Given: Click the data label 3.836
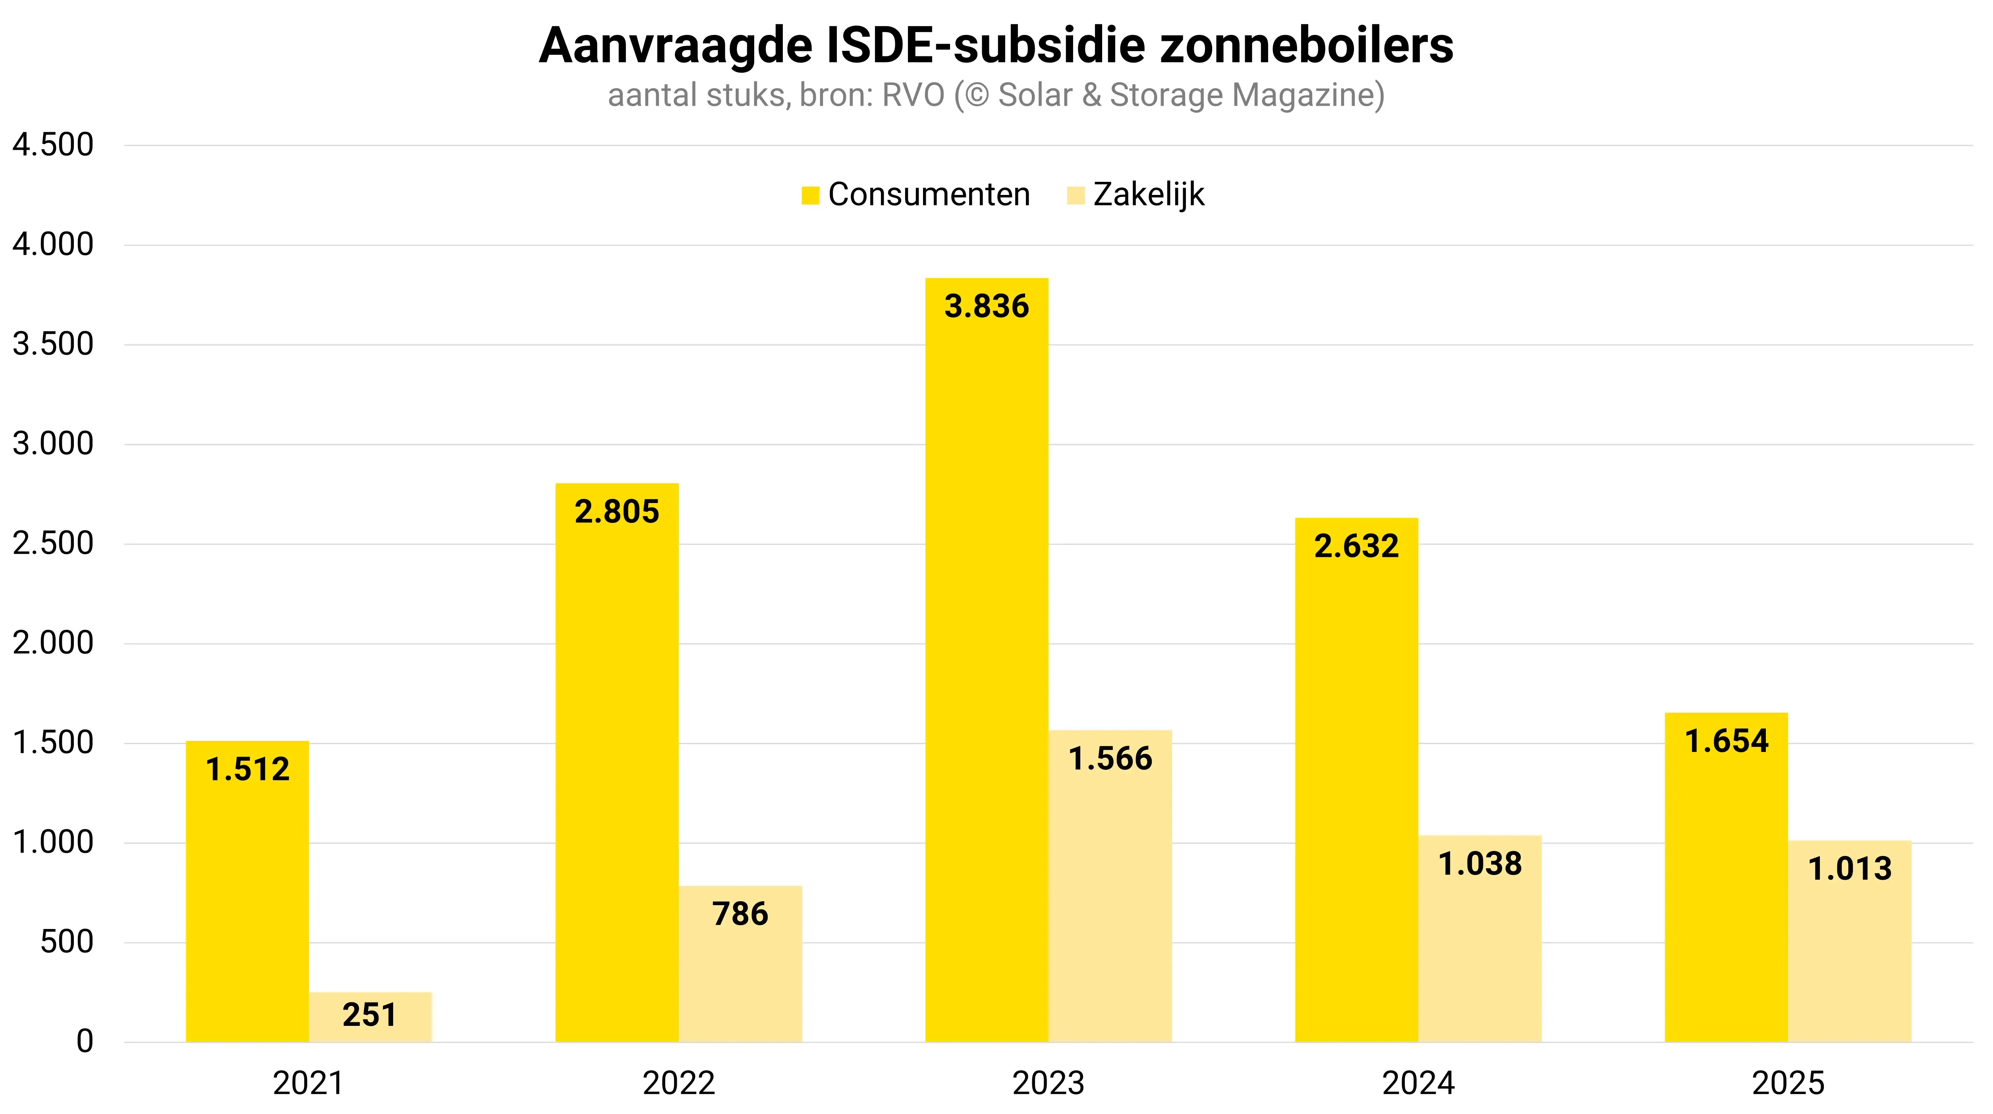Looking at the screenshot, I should [987, 306].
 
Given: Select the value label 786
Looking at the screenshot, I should [740, 914].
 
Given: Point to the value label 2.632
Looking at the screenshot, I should [1356, 546].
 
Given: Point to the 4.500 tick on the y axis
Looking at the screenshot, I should [52, 145].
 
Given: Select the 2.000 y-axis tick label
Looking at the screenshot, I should [52, 643].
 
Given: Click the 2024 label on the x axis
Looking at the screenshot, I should [1418, 1083].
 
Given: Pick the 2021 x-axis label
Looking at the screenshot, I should [308, 1083].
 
